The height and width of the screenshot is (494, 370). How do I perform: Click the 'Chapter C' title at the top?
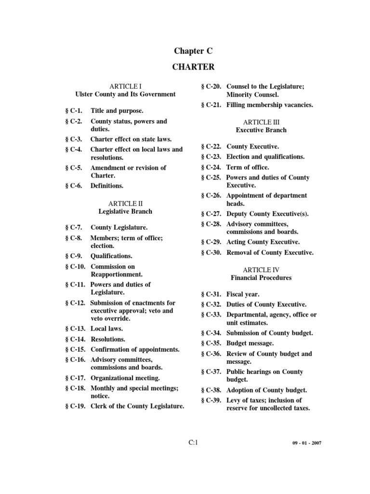click(x=193, y=51)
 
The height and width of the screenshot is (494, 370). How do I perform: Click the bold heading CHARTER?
click(x=193, y=67)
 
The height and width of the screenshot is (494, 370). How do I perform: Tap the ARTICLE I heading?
click(x=125, y=86)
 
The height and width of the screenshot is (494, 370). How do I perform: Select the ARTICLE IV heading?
click(x=261, y=270)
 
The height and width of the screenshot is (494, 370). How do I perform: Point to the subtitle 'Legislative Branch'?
click(x=125, y=211)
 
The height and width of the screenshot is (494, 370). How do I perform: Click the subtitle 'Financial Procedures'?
click(x=261, y=278)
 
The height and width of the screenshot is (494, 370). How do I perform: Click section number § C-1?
click(x=74, y=111)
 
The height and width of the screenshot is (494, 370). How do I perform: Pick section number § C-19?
click(x=76, y=406)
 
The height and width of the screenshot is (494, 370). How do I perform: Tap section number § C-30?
click(x=211, y=252)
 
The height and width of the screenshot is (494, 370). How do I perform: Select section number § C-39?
click(x=211, y=400)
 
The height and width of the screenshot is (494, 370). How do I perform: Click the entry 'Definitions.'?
click(x=107, y=186)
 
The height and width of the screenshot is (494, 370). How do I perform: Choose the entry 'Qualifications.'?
click(x=111, y=256)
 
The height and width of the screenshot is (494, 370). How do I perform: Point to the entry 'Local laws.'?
click(x=107, y=329)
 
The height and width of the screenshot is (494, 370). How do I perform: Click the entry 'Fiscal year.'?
click(x=243, y=294)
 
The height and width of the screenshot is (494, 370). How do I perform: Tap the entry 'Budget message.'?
click(x=250, y=343)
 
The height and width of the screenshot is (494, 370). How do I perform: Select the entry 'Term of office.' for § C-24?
click(x=248, y=167)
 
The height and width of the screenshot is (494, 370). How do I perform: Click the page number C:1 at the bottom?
click(x=193, y=443)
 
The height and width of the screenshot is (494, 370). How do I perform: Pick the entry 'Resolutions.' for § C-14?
click(x=108, y=339)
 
